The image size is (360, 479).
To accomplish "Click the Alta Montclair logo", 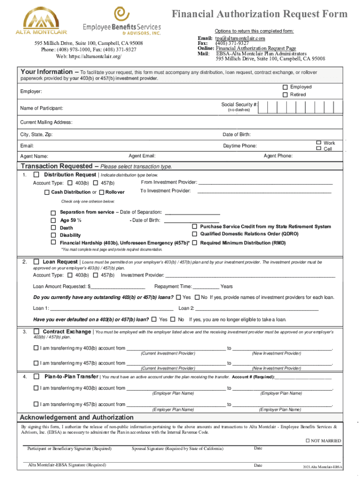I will (x=41, y=21).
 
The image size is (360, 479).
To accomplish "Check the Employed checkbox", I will (x=284, y=87).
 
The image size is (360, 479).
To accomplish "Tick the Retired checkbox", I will (x=284, y=95).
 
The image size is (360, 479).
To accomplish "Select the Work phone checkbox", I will (x=319, y=143).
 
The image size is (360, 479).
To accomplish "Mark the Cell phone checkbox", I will (x=319, y=149).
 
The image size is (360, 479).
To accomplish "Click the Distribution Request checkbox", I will (x=36, y=174).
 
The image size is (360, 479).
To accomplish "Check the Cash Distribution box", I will (x=47, y=192).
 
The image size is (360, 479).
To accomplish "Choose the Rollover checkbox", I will (x=101, y=192).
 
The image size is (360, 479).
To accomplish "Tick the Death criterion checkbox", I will (x=53, y=228).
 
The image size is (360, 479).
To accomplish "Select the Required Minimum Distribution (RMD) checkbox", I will (x=195, y=243).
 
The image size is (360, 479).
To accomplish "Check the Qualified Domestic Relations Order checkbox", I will (x=195, y=234).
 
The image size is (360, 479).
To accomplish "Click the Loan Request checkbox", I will (x=36, y=262).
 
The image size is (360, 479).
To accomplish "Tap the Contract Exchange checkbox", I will (x=36, y=332).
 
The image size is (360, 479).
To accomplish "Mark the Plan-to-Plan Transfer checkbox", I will (x=36, y=377).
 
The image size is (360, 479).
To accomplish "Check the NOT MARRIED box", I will (x=307, y=441).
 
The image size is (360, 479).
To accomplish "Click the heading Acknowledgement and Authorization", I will (x=76, y=417).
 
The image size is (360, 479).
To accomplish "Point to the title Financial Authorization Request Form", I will (x=260, y=14).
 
